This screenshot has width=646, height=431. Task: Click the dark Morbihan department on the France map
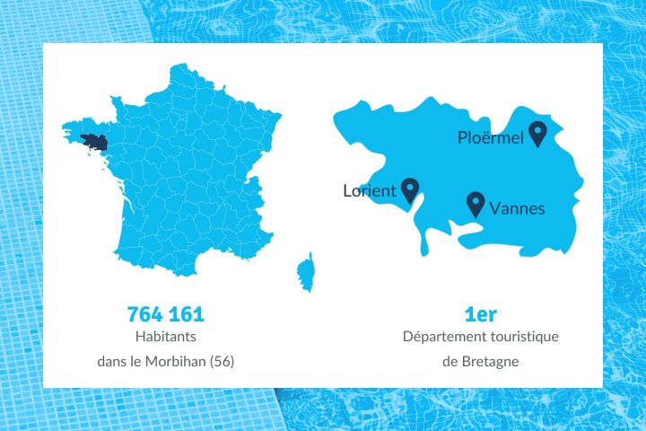point(93,141)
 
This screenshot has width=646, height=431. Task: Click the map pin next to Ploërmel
point(537,134)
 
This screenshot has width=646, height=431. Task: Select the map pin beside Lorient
point(410,189)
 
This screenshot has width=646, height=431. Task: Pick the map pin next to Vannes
point(476,204)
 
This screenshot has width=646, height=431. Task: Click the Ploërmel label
point(490,137)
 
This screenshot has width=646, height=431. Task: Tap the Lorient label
point(370,190)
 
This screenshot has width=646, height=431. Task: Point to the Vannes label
point(517,208)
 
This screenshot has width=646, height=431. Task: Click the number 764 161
point(166,314)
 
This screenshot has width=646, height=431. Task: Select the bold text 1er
point(481,314)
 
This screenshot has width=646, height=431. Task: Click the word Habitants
point(166,337)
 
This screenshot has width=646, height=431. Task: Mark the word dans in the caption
point(111,362)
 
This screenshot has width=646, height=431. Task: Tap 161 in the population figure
point(188,314)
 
